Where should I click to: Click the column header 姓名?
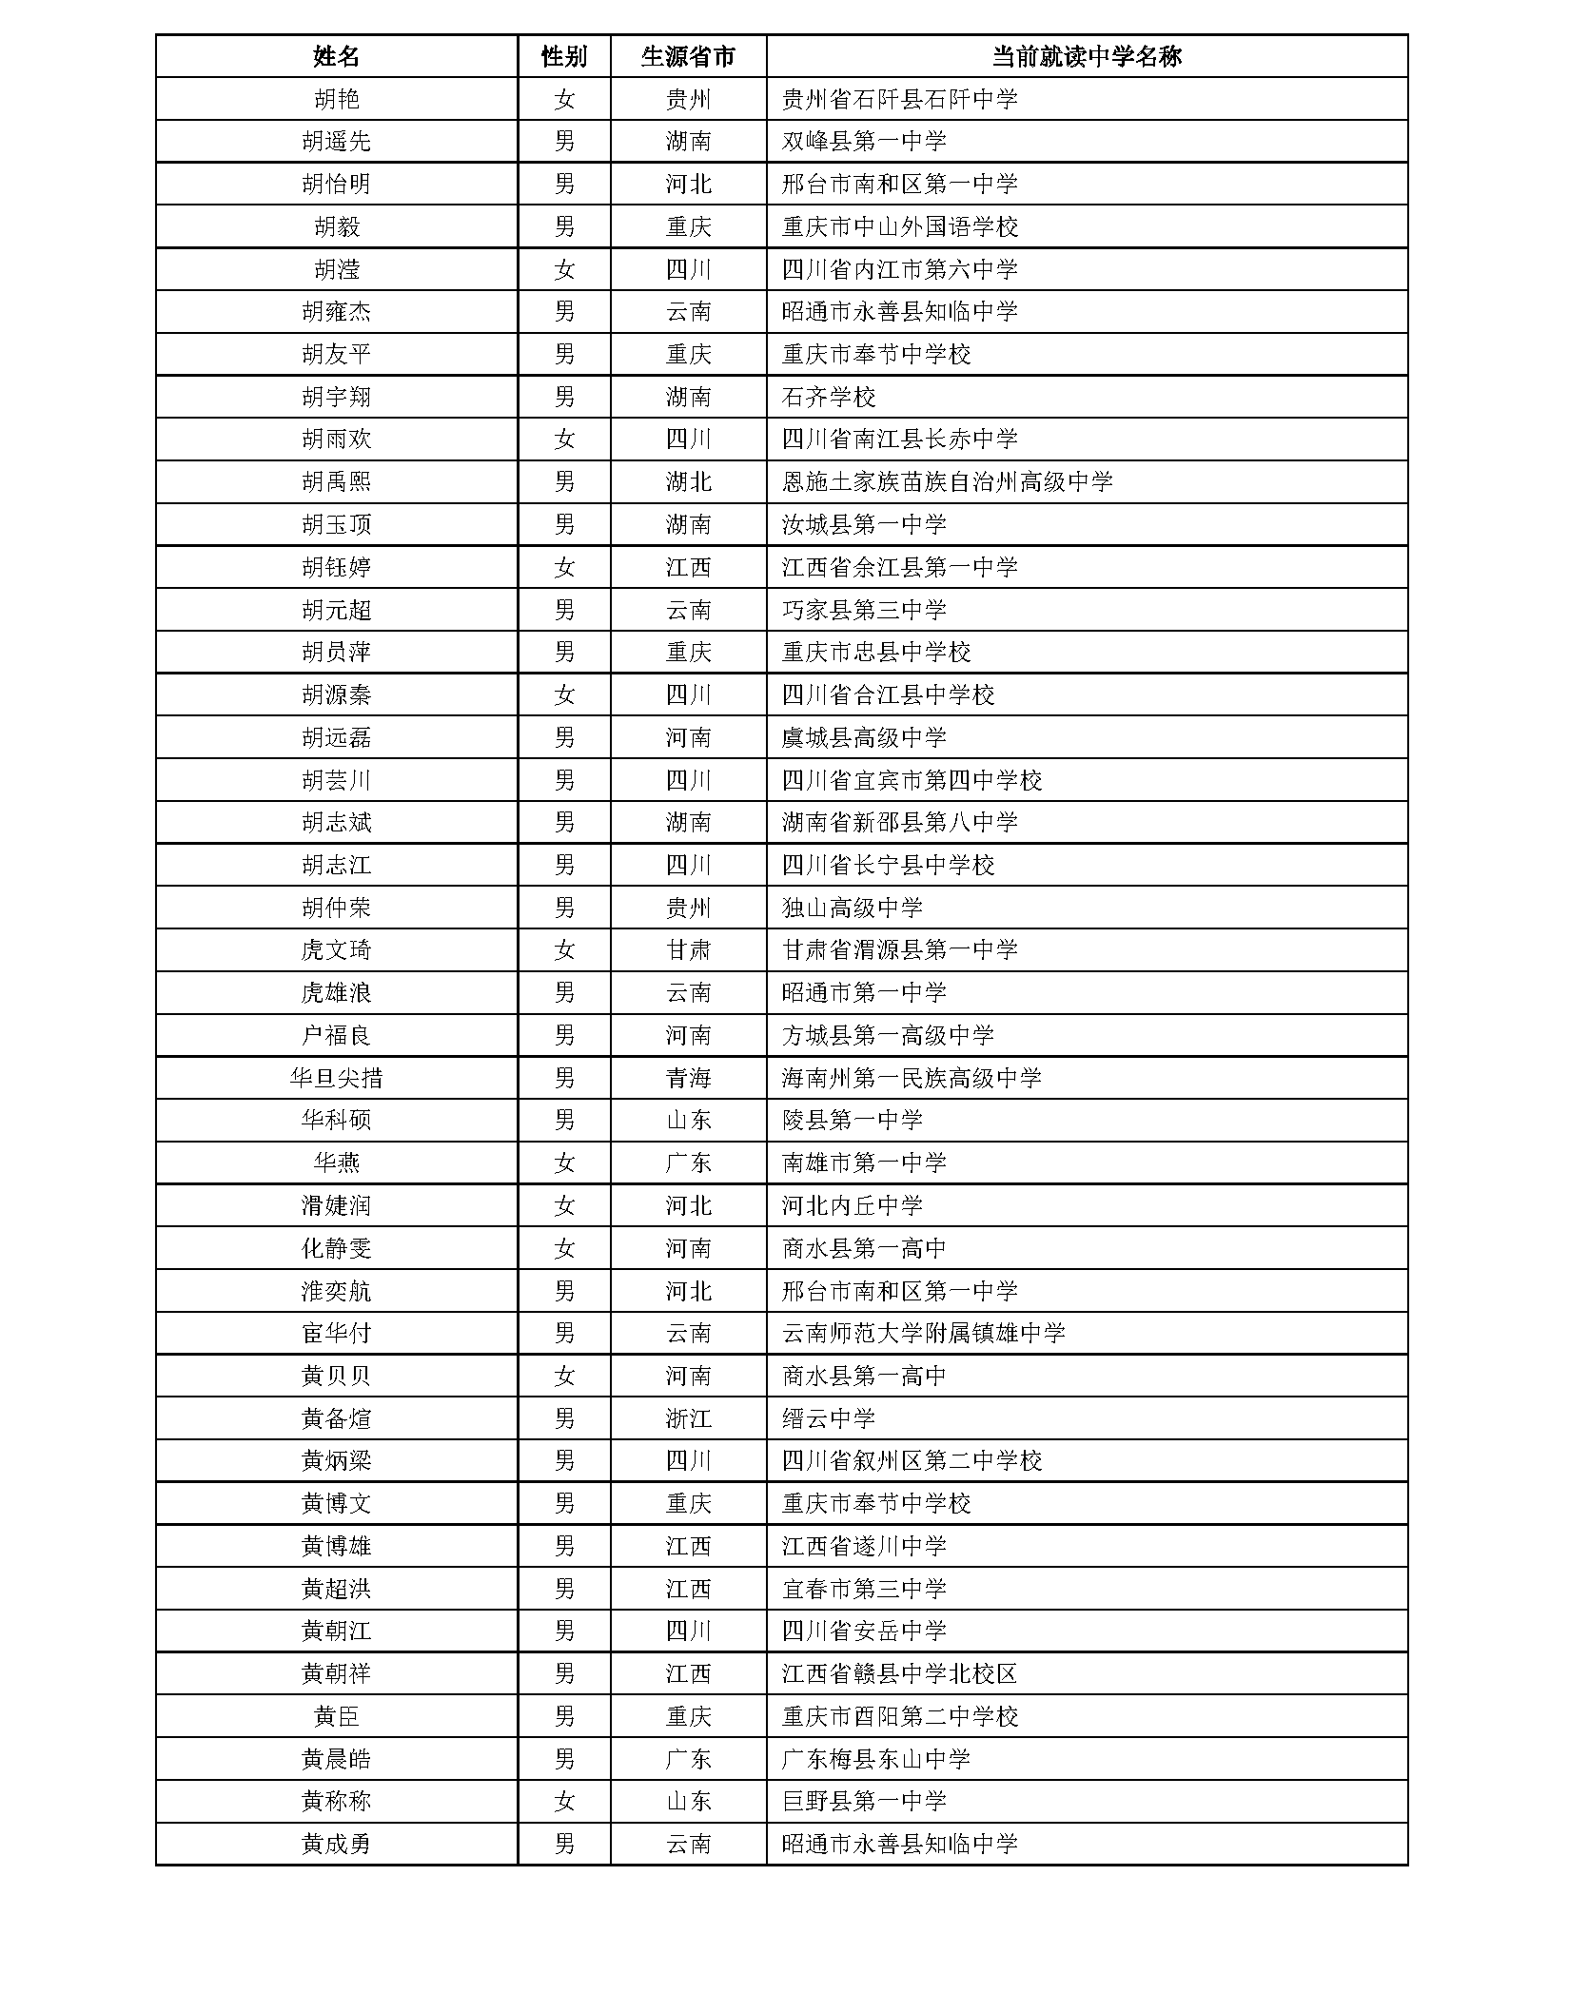[x=336, y=56]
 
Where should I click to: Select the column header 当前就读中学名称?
[x=1086, y=56]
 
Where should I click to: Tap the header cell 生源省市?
[x=688, y=56]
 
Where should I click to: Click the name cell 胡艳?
[x=336, y=99]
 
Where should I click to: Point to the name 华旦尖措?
[x=336, y=1078]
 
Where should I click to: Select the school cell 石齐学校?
[x=828, y=397]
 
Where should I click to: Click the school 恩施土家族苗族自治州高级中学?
[x=947, y=481]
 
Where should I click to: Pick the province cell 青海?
[x=688, y=1078]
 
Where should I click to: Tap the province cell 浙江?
[x=688, y=1418]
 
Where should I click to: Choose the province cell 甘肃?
[x=688, y=949]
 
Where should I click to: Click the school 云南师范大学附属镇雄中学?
[x=923, y=1333]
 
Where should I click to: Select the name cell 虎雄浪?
[x=336, y=992]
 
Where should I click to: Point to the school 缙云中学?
[x=828, y=1418]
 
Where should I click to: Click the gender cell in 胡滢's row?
[x=564, y=269]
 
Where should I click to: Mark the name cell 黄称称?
[x=336, y=1801]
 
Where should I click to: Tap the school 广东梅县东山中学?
[x=875, y=1759]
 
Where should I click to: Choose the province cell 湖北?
[x=688, y=481]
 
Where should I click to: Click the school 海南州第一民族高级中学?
[x=912, y=1078]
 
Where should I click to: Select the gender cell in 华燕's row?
[x=564, y=1163]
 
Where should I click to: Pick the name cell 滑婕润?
[x=336, y=1205]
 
